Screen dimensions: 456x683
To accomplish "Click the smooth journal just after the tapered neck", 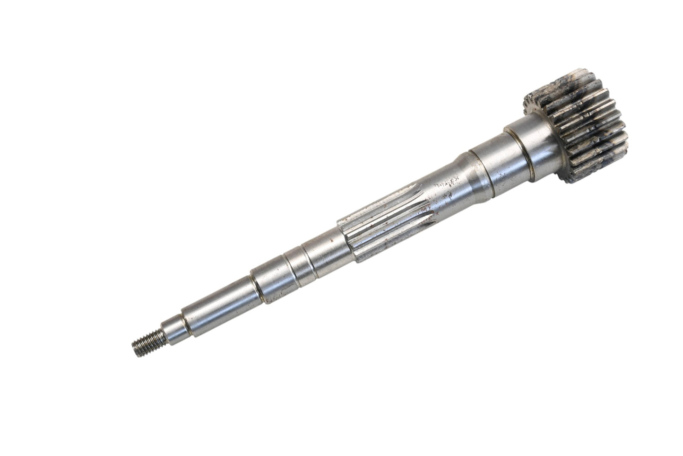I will point(492,161).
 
